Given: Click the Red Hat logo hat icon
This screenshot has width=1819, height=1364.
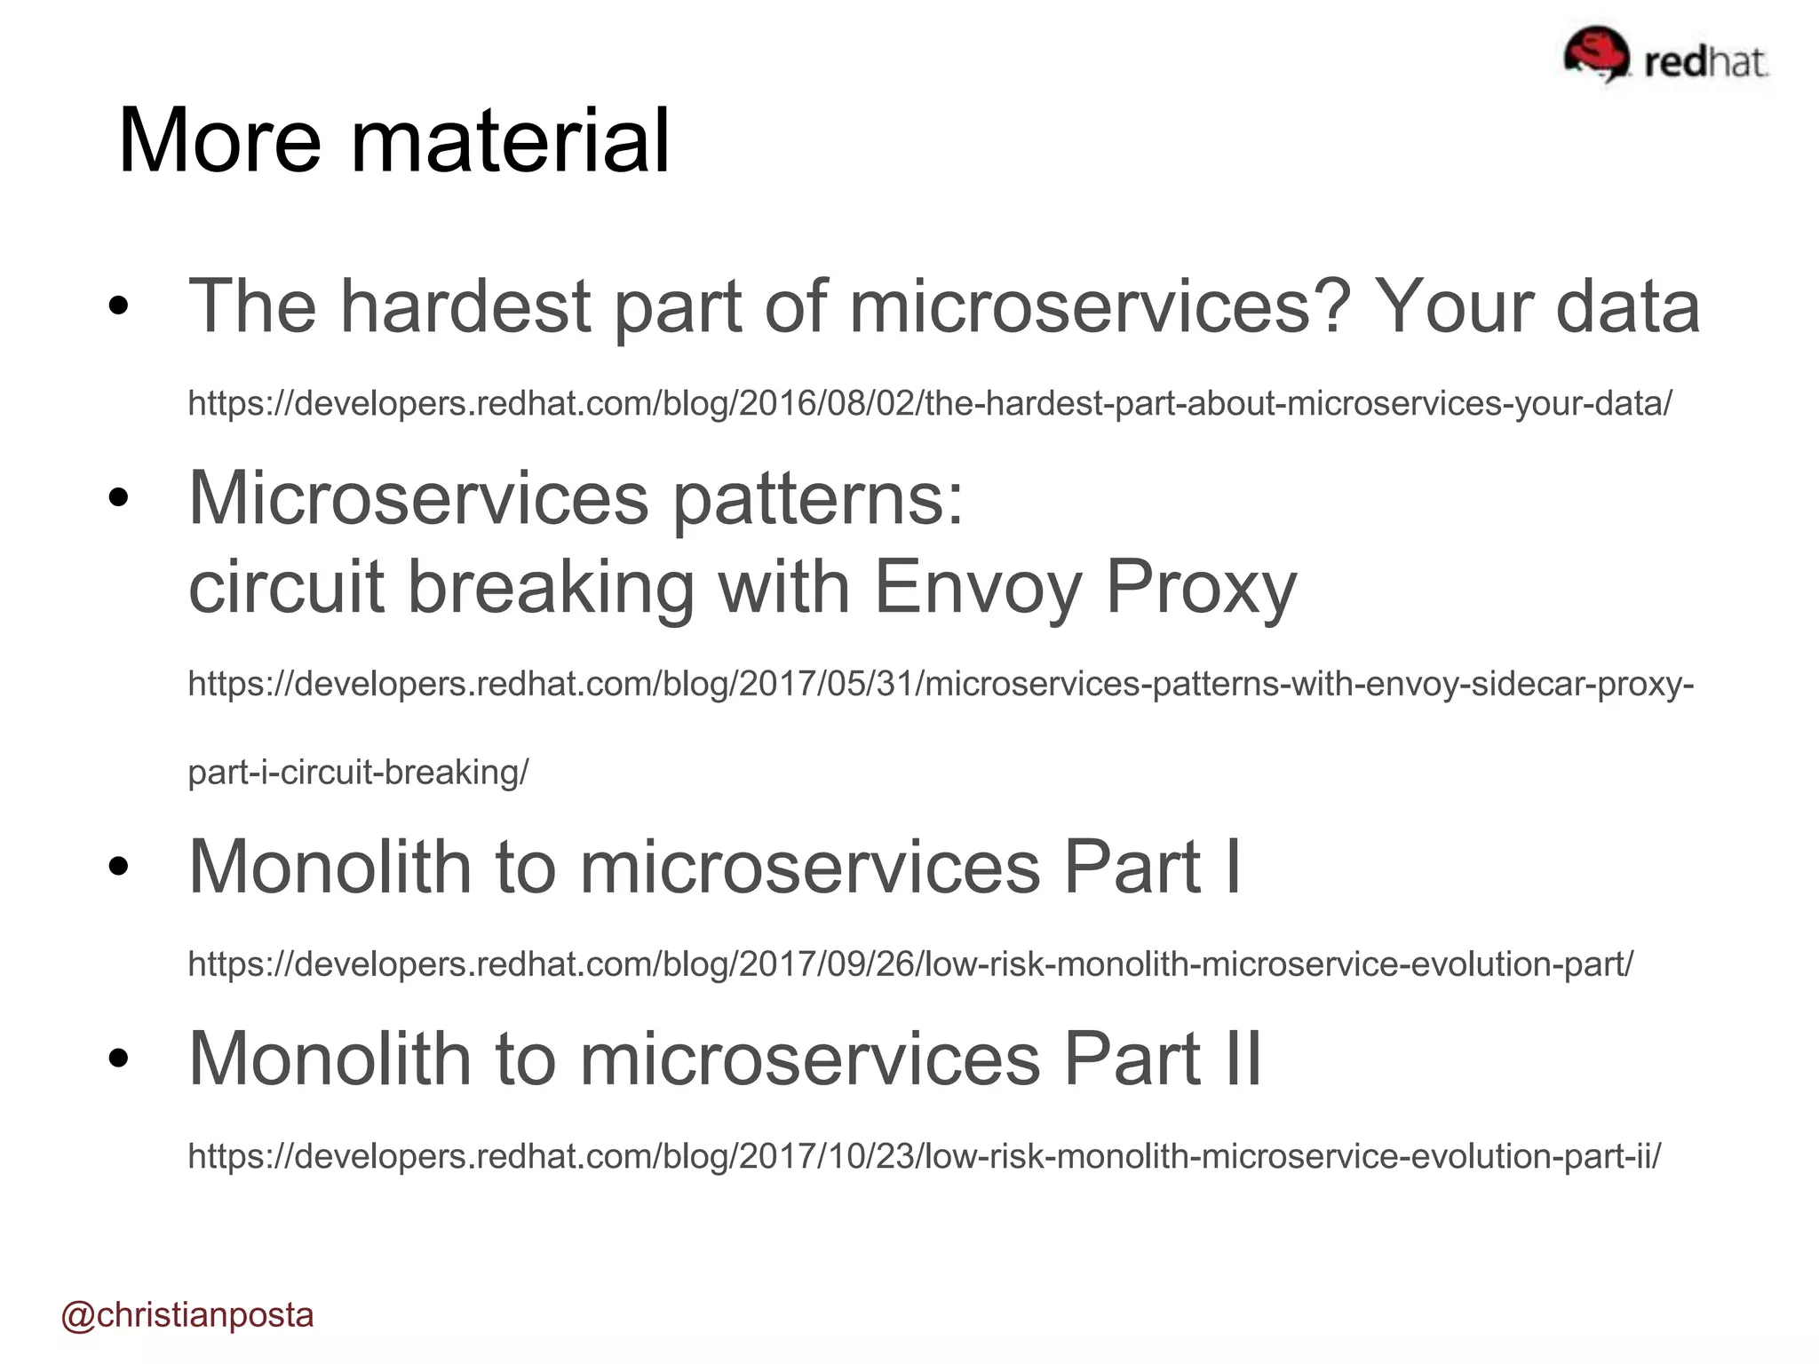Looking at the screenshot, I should (x=1596, y=53).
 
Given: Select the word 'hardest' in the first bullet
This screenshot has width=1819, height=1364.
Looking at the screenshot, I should (x=466, y=306).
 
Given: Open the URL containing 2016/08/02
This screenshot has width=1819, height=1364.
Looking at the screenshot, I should (x=929, y=404).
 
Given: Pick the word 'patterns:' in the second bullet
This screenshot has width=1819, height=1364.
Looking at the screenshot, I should (x=817, y=499).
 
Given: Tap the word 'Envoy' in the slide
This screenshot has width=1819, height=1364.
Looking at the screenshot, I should (x=978, y=587).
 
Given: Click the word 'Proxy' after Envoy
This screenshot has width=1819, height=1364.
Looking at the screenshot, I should (x=1201, y=587).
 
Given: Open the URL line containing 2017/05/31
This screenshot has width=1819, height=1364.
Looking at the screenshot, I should (x=940, y=684).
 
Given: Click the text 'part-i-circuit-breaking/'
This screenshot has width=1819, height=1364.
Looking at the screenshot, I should (x=358, y=773).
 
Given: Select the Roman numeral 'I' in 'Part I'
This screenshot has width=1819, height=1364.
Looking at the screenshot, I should (x=1232, y=868).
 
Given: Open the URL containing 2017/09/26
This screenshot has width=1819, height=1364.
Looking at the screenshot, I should (x=910, y=964).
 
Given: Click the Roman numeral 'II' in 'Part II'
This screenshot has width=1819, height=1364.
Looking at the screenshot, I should (x=1243, y=1059).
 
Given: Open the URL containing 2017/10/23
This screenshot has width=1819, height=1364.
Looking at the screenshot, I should (x=924, y=1156).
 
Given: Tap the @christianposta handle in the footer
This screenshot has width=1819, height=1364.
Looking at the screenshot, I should (x=187, y=1315).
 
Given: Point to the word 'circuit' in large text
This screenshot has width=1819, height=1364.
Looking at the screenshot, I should (x=286, y=587).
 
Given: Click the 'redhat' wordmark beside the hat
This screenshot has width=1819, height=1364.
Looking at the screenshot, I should (x=1704, y=62).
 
